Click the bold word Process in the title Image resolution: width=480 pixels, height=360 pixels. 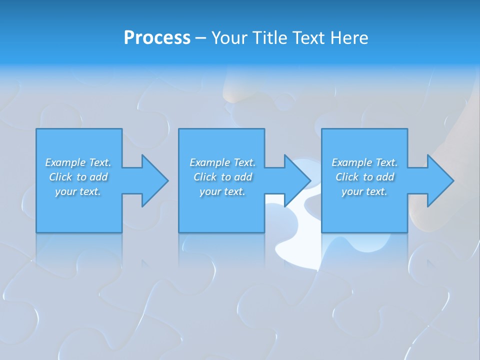click(x=157, y=38)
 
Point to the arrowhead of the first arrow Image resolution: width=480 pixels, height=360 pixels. click(x=155, y=180)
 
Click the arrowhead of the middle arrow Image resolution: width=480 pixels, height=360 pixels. click(x=297, y=180)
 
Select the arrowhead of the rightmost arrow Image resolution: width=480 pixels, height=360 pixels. click(x=440, y=180)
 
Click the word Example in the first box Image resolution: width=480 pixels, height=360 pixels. click(x=65, y=162)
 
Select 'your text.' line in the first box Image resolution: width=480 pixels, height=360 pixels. click(x=78, y=191)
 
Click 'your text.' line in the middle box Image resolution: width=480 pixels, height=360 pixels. click(x=222, y=191)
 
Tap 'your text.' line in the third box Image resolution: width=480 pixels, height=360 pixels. click(x=364, y=191)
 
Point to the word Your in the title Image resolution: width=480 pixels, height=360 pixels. click(x=229, y=38)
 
